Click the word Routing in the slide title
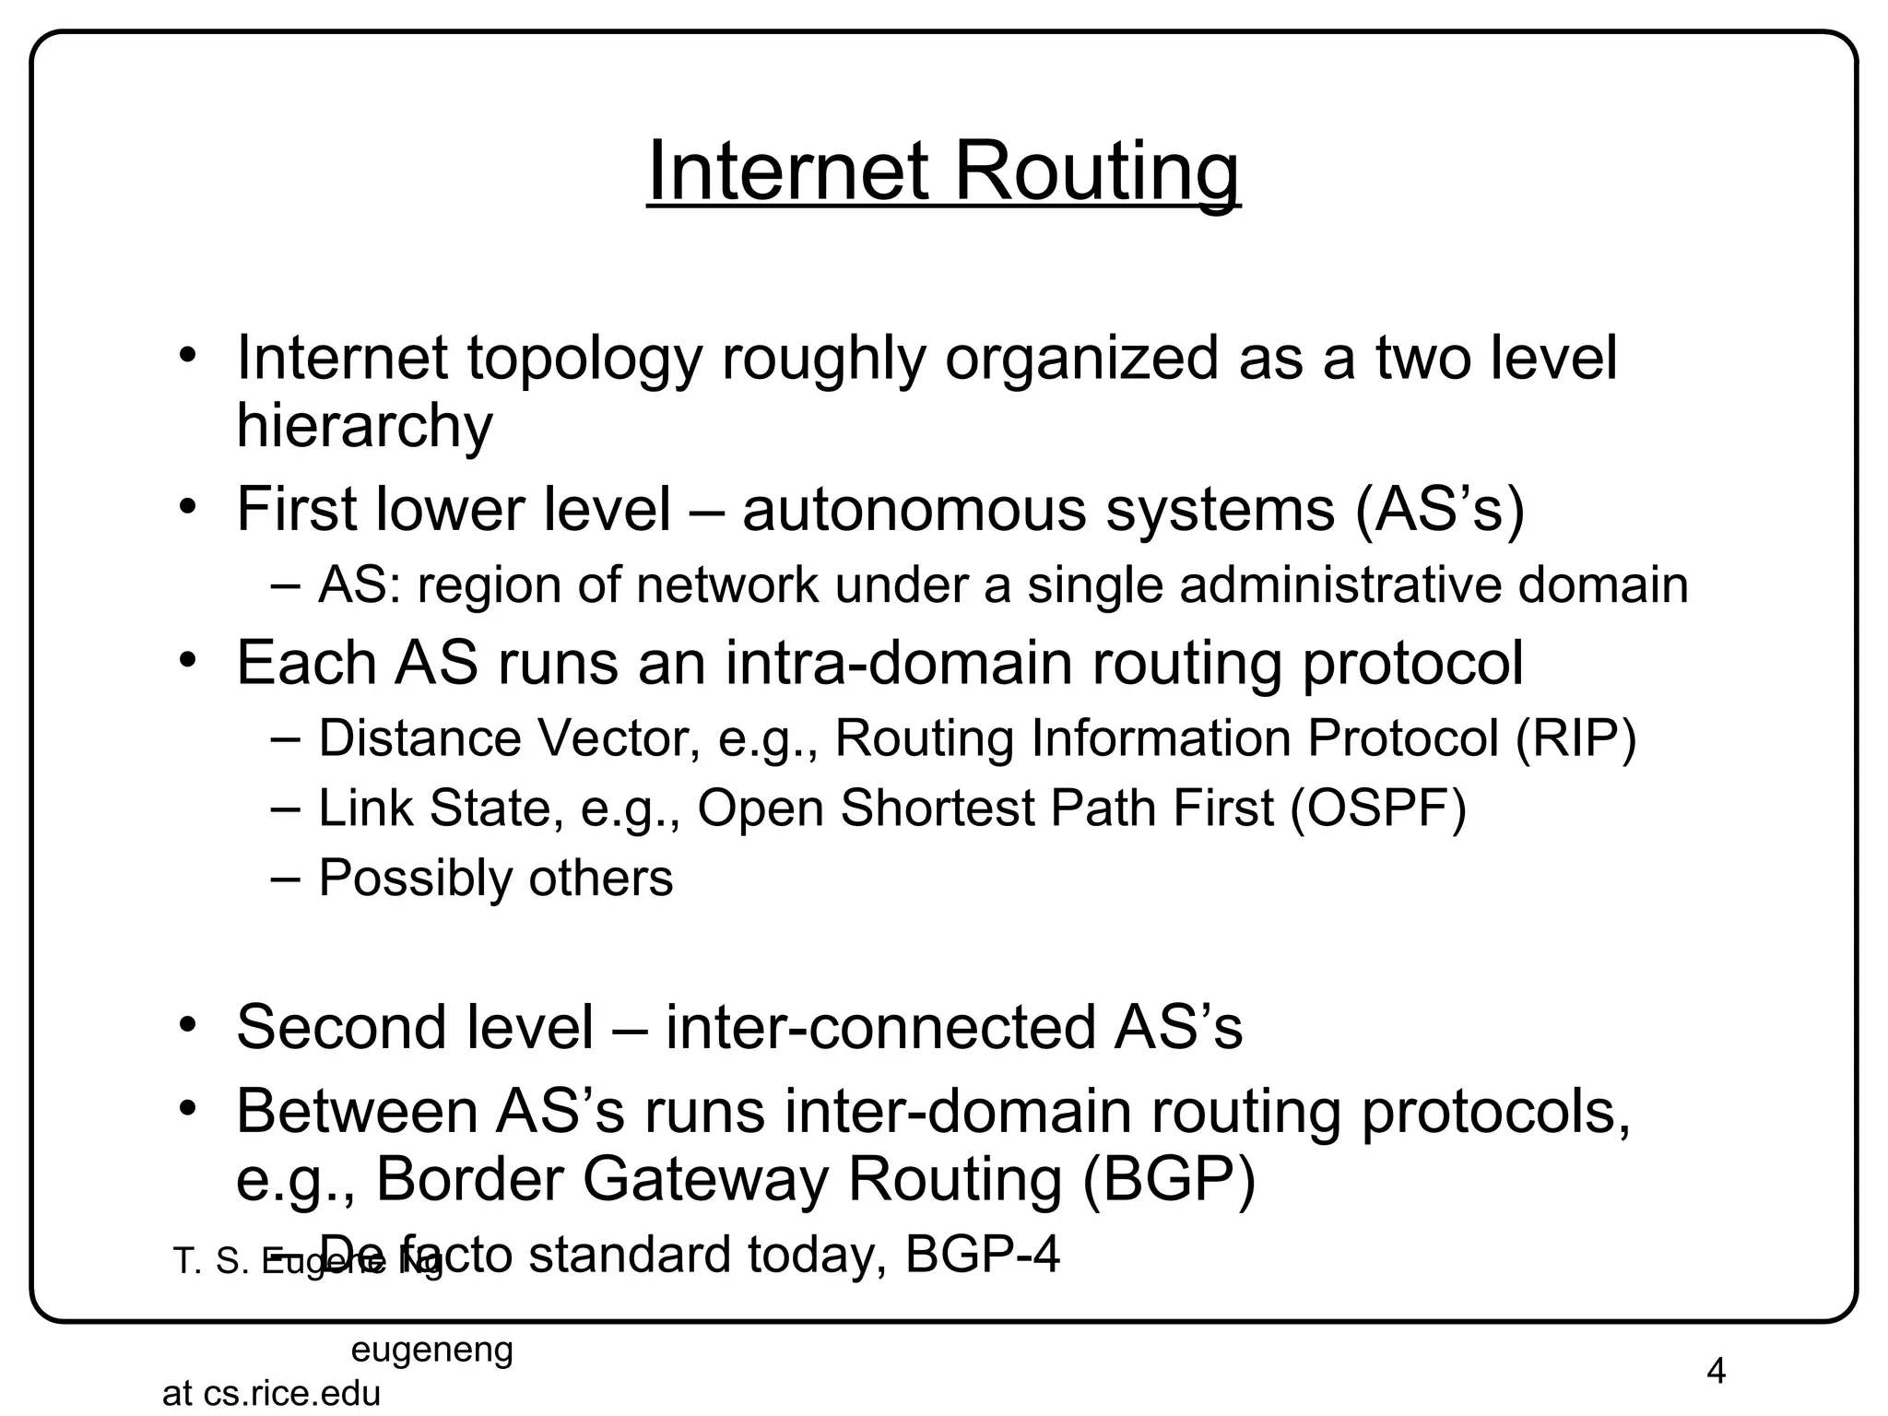1096,172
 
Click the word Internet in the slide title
788,172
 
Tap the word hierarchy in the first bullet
364,426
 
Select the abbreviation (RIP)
1576,738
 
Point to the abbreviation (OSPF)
1377,808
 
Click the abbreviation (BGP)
1168,1179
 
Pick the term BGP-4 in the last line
983,1255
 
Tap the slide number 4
1716,1372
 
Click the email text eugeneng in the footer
432,1351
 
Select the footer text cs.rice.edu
291,1394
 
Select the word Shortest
938,808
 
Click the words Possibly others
495,878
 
